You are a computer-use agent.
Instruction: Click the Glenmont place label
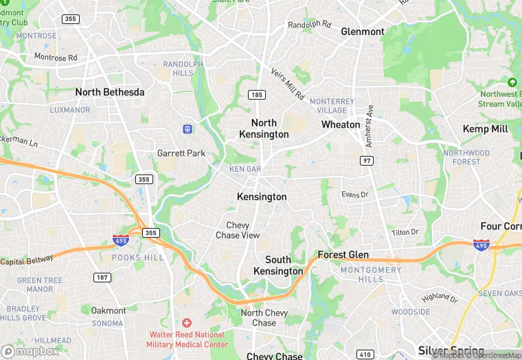(363, 32)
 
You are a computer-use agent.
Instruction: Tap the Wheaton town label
(341, 124)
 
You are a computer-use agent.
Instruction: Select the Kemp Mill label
(485, 129)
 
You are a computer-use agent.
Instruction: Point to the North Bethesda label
(110, 92)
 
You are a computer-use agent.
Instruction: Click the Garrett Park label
(181, 153)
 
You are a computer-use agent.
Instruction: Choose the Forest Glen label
(343, 255)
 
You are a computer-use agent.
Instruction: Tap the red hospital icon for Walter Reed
(186, 323)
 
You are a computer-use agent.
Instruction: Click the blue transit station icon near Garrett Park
(186, 128)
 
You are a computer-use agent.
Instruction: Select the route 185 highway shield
(256, 93)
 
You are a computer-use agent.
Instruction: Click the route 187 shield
(103, 277)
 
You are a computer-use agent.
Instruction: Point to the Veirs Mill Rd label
(286, 82)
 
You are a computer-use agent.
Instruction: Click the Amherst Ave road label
(370, 126)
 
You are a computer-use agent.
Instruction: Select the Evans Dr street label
(355, 194)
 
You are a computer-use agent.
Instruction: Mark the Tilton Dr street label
(405, 232)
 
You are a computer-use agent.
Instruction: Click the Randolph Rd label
(309, 25)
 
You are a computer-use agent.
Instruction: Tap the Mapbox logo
(30, 351)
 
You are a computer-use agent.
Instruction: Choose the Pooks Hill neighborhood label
(138, 257)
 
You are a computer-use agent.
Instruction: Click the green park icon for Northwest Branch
(511, 82)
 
